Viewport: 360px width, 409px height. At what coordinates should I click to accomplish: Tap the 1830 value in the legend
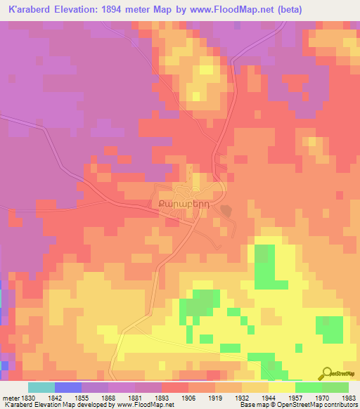(x=29, y=397)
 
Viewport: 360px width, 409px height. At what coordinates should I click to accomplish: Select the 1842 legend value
(x=54, y=397)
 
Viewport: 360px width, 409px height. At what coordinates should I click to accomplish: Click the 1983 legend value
(x=348, y=397)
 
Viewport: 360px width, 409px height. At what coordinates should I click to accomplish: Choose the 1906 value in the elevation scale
(x=188, y=397)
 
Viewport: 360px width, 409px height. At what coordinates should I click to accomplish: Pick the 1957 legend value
(x=295, y=397)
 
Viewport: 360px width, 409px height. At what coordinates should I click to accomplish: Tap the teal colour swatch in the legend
(x=41, y=387)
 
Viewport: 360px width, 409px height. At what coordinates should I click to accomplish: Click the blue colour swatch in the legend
(x=68, y=387)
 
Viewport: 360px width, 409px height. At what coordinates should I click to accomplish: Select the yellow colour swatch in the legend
(x=282, y=387)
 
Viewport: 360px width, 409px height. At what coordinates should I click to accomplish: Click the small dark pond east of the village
(x=225, y=210)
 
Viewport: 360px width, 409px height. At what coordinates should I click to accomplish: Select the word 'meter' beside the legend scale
(x=11, y=397)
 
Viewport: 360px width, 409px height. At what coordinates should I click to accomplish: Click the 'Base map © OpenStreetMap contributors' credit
(x=298, y=405)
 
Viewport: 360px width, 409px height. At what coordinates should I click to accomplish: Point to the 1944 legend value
(x=268, y=397)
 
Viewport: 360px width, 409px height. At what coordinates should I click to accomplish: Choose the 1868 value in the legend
(x=108, y=397)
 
